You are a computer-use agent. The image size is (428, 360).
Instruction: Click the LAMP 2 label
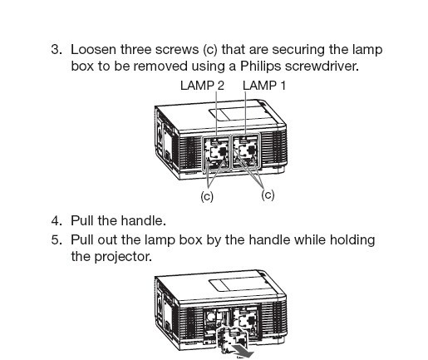202,86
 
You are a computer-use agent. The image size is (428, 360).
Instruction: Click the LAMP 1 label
264,86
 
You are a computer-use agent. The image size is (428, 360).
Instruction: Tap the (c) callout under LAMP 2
207,196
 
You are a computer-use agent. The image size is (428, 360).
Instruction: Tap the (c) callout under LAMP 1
268,195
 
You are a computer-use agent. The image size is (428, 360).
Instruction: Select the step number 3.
57,50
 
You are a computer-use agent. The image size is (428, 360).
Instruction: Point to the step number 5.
57,239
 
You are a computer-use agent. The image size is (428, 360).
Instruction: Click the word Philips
260,67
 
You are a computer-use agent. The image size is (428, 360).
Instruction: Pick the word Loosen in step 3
93,50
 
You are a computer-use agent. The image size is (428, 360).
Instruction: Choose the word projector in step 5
123,257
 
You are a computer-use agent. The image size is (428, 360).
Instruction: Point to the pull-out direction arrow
243,351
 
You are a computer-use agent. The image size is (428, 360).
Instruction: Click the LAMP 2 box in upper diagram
215,152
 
